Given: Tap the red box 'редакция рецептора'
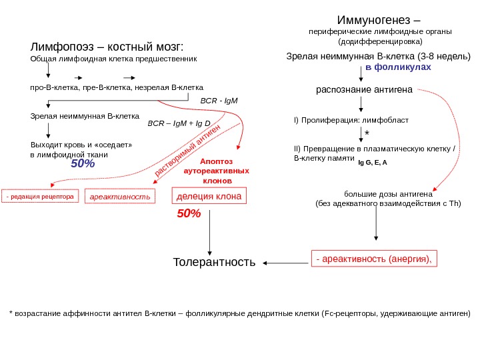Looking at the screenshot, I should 40,197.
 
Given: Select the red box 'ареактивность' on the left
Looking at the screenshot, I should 120,197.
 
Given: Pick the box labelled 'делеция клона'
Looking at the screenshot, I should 209,195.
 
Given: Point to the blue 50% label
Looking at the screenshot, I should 83,164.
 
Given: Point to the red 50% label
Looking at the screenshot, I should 189,214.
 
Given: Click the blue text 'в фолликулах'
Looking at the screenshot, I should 399,68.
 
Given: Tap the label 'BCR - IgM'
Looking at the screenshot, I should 219,101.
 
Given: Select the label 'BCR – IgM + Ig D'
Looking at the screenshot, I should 179,124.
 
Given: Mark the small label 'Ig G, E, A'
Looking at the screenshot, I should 373,162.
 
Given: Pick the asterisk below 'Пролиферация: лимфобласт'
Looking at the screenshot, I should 367,133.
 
